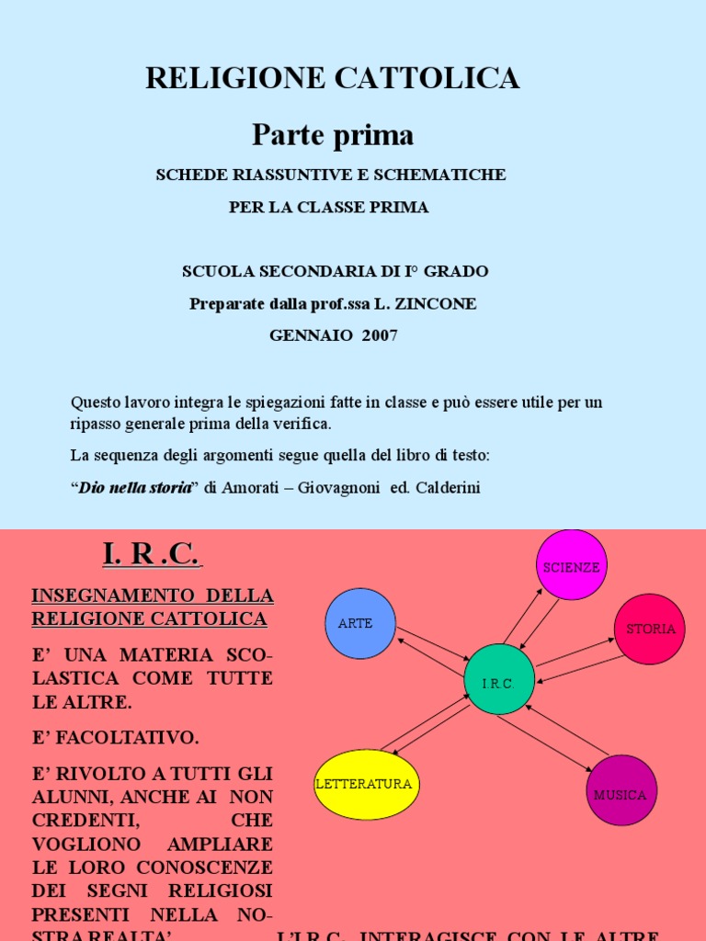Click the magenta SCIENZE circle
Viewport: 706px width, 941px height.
pos(571,565)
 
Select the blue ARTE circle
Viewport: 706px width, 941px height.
pos(360,623)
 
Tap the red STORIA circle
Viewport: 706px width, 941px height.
pos(650,629)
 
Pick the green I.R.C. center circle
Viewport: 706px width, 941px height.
pos(500,680)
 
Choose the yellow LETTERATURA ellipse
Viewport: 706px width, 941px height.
pos(367,784)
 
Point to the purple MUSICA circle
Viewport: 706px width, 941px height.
pos(621,790)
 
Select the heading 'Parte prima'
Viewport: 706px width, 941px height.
pos(333,135)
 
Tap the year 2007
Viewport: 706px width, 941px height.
pos(380,335)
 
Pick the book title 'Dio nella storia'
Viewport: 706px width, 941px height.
pos(135,487)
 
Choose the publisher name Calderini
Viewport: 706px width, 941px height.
pos(448,487)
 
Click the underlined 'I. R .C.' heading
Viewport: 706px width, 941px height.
pos(152,555)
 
